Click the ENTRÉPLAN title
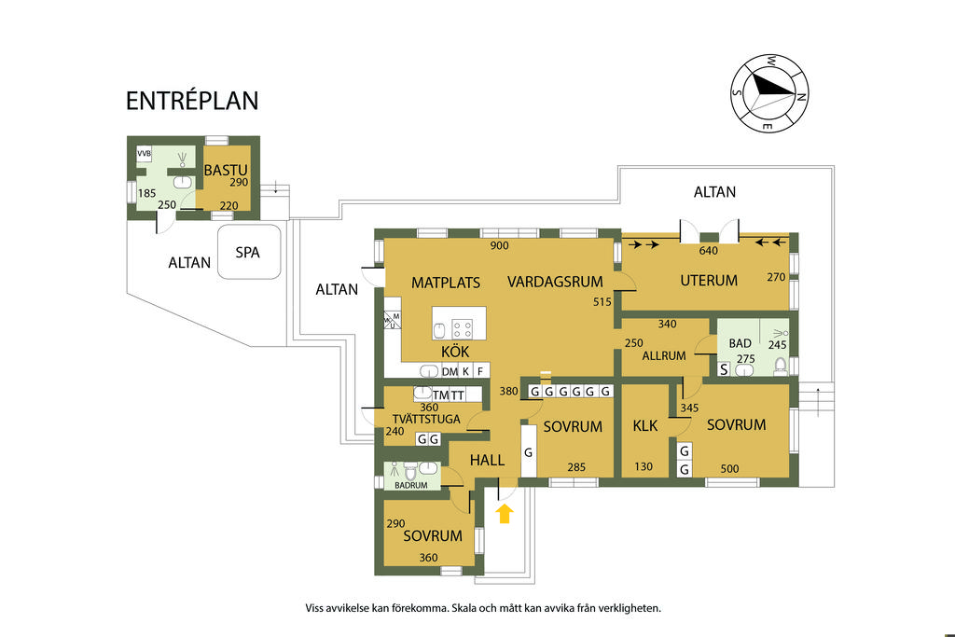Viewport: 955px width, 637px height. tap(192, 101)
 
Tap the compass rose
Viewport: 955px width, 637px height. tap(769, 93)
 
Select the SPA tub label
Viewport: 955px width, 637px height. tap(248, 252)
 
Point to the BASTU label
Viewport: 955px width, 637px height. tap(226, 170)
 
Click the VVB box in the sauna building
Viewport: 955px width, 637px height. tap(144, 154)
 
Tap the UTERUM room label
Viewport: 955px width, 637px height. tap(709, 281)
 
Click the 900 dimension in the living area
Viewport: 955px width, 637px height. tap(500, 245)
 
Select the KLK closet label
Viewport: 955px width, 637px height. tap(645, 425)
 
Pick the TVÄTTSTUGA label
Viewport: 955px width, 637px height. tap(426, 419)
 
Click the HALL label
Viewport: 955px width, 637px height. tap(487, 461)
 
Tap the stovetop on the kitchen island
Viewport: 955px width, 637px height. tap(463, 329)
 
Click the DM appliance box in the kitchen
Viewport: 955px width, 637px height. tap(450, 371)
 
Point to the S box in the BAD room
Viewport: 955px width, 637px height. tap(724, 369)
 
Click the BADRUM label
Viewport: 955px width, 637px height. tap(411, 485)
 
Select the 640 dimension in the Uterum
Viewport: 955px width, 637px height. tap(709, 250)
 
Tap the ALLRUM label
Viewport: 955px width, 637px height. tap(664, 355)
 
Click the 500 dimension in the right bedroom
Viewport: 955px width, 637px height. tap(729, 468)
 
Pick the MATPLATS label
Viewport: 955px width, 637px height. tap(446, 283)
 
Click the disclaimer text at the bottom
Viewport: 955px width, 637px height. tap(483, 608)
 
